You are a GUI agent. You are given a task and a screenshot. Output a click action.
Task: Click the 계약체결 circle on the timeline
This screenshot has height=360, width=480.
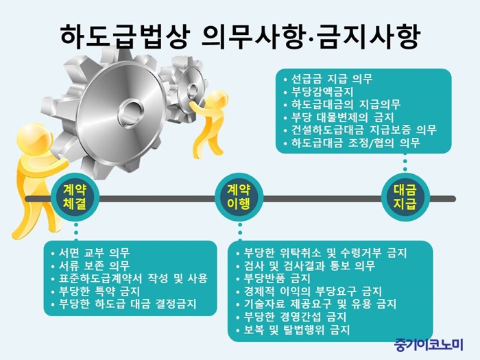pyautogui.click(x=75, y=198)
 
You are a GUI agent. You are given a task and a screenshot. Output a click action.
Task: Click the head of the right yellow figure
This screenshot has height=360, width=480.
pyautogui.click(x=217, y=99)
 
